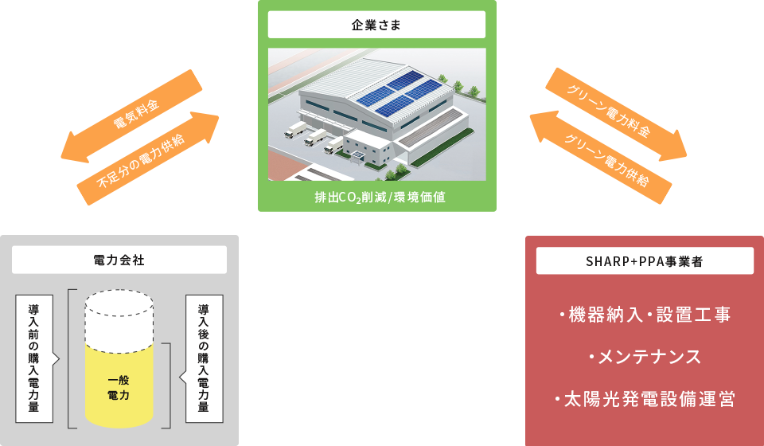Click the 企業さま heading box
tap(376, 25)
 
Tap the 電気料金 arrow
tap(131, 116)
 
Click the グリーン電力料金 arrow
tap(616, 115)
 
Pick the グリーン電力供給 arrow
tap(601, 158)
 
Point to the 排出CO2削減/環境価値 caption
tap(380, 198)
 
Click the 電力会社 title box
tap(119, 260)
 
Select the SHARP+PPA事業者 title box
tap(645, 261)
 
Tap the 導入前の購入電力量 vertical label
tap(34, 358)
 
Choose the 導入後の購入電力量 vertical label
tap(204, 358)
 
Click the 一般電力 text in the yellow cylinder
tap(119, 388)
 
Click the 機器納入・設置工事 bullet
tap(645, 315)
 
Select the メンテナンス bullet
tap(645, 358)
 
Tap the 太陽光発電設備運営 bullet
tap(645, 399)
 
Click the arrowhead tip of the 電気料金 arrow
tap(61, 158)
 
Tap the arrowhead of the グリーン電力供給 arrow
tap(531, 115)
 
